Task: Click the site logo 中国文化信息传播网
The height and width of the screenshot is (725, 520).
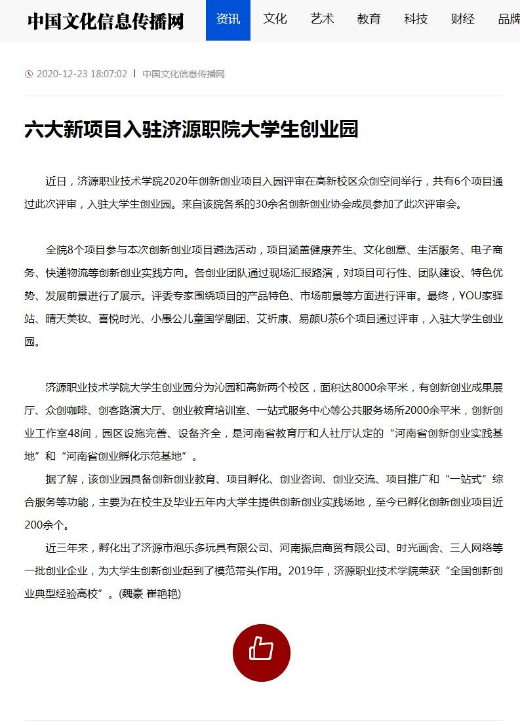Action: (x=105, y=21)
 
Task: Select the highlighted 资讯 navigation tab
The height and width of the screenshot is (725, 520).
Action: (x=228, y=19)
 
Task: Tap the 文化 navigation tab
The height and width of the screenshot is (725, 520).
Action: (x=275, y=19)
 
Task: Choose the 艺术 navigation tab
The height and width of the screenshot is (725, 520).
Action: (x=322, y=19)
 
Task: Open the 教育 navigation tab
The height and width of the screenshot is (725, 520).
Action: (x=369, y=19)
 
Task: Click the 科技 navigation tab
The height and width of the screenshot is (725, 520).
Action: (x=416, y=19)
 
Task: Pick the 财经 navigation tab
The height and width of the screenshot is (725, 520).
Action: (x=463, y=19)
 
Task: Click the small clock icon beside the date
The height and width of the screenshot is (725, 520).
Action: (x=28, y=74)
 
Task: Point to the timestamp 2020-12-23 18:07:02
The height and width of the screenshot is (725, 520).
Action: (x=82, y=74)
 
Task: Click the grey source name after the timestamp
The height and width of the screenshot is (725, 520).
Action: (x=184, y=74)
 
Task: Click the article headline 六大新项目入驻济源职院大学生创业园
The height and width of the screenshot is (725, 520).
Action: (x=191, y=129)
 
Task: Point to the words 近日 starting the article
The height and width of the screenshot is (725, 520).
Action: (x=56, y=181)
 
